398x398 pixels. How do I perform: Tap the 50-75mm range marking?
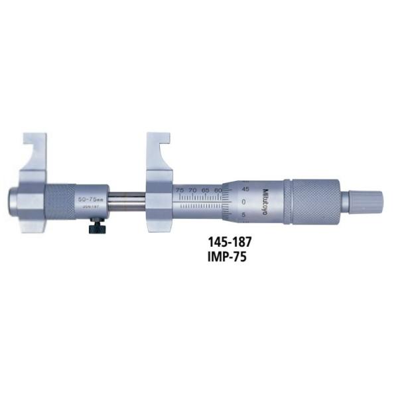(x=92, y=198)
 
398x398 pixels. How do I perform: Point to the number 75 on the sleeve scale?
(x=180, y=190)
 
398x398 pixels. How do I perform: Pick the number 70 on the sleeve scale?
(x=193, y=190)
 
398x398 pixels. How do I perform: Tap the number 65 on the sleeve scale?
(x=206, y=190)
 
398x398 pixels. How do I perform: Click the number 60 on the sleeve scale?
(x=218, y=190)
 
